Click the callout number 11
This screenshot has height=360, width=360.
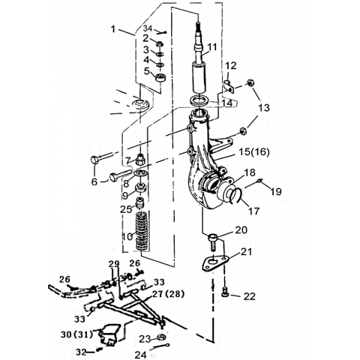212,47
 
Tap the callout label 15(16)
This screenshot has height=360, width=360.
254,152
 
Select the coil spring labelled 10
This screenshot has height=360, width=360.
142,230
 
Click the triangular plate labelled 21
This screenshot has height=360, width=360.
215,263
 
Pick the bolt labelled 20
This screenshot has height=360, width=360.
212,241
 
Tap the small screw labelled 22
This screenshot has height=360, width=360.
226,292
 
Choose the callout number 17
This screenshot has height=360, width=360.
253,211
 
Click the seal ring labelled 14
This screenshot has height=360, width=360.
199,100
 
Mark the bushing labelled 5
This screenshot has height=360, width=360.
160,77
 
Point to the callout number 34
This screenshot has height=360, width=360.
148,29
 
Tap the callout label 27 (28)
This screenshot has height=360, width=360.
168,294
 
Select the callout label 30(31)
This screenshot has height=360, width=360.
76,334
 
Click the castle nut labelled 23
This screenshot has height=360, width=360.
162,337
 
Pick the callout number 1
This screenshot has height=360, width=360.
113,29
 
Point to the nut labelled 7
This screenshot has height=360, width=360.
140,160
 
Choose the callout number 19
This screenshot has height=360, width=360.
277,192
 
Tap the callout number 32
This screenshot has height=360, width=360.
81,352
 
